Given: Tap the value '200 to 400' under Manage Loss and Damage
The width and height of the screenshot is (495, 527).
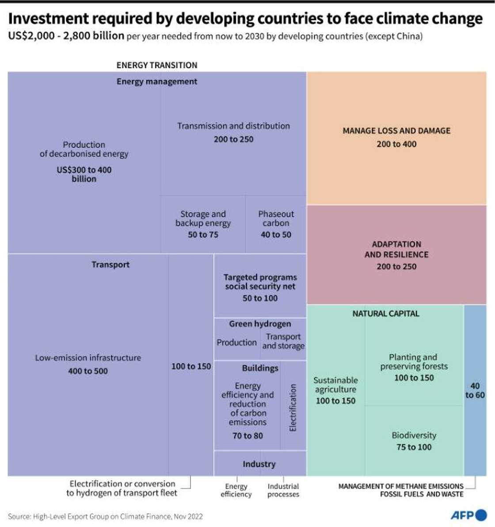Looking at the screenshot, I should (396, 144).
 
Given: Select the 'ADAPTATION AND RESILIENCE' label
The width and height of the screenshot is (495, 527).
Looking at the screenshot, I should (396, 249).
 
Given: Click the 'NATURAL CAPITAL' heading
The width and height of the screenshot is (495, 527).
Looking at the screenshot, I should (385, 313).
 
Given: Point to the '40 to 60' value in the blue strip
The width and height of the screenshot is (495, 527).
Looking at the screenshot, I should (475, 390).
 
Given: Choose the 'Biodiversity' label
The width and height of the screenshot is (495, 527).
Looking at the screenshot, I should (414, 435).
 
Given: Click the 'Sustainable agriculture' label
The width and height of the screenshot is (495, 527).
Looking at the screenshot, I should (335, 385).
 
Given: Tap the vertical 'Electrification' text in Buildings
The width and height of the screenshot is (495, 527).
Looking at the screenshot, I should (293, 408).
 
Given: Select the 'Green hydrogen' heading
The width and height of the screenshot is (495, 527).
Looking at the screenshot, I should (260, 324).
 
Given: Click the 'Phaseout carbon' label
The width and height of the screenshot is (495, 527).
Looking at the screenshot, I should (276, 219).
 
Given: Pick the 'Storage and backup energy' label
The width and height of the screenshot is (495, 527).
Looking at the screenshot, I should (203, 219).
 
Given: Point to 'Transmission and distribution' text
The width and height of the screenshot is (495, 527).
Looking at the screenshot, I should (233, 126).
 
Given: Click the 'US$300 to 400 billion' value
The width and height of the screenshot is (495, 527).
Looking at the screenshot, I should (84, 174).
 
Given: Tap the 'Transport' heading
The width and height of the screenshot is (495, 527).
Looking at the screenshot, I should (110, 265).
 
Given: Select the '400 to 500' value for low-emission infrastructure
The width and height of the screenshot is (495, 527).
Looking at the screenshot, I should (88, 371).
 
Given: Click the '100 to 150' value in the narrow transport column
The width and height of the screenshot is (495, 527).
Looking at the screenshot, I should (191, 366).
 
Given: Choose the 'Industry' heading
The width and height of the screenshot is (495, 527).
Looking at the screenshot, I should (259, 464).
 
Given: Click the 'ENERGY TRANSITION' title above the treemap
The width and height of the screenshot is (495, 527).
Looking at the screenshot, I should (157, 65).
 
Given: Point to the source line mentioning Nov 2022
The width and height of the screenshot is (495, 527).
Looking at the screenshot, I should (105, 516).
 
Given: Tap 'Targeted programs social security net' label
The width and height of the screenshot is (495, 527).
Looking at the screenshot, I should (260, 282).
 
